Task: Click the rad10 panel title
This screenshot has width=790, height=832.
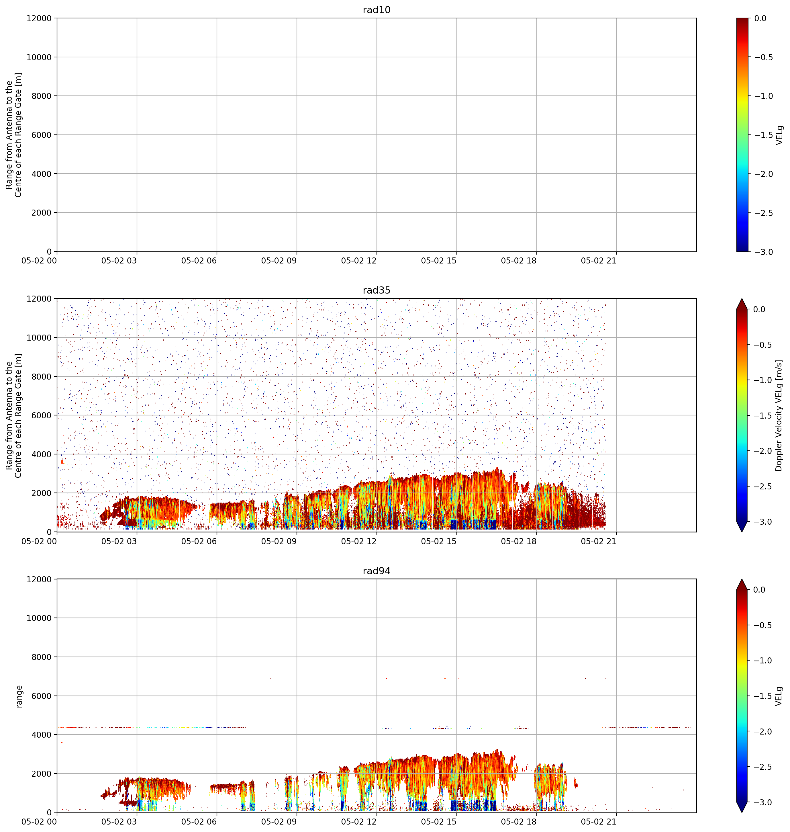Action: coord(377,10)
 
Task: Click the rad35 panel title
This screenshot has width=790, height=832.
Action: coord(377,290)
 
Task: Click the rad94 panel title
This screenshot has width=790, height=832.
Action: coord(377,571)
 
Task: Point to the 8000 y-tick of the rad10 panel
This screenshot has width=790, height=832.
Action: coord(42,96)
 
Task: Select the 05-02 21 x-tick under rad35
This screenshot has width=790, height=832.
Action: coord(598,541)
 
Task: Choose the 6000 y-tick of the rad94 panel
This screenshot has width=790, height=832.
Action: coord(42,696)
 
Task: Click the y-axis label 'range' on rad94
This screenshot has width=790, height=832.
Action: coord(19,696)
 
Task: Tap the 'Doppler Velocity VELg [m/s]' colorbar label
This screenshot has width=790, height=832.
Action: coord(779,415)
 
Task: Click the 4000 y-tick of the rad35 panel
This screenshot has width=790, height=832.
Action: coord(42,454)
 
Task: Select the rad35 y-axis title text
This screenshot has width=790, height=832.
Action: coord(14,415)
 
